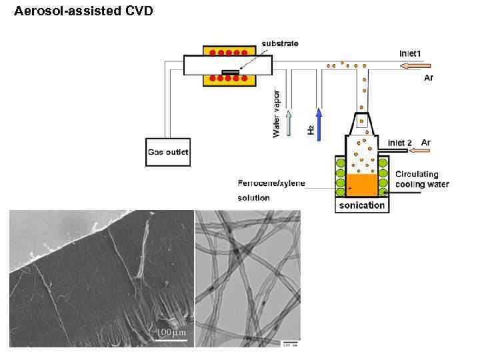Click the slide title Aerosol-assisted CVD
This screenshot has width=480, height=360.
tap(83, 11)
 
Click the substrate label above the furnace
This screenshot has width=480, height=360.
tap(280, 43)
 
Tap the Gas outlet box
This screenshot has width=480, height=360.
tap(168, 152)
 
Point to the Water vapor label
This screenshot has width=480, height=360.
tap(277, 113)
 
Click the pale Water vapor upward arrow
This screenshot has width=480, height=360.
tap(289, 124)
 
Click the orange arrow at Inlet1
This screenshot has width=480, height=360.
tap(416, 65)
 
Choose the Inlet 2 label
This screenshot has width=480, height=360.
tap(400, 143)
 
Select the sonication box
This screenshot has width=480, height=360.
tap(362, 205)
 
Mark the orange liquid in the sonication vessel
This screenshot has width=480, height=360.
tap(362, 185)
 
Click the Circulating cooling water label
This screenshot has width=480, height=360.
tap(422, 179)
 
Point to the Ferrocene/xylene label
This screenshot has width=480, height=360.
tap(271, 182)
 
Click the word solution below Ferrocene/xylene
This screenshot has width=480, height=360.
tap(254, 198)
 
